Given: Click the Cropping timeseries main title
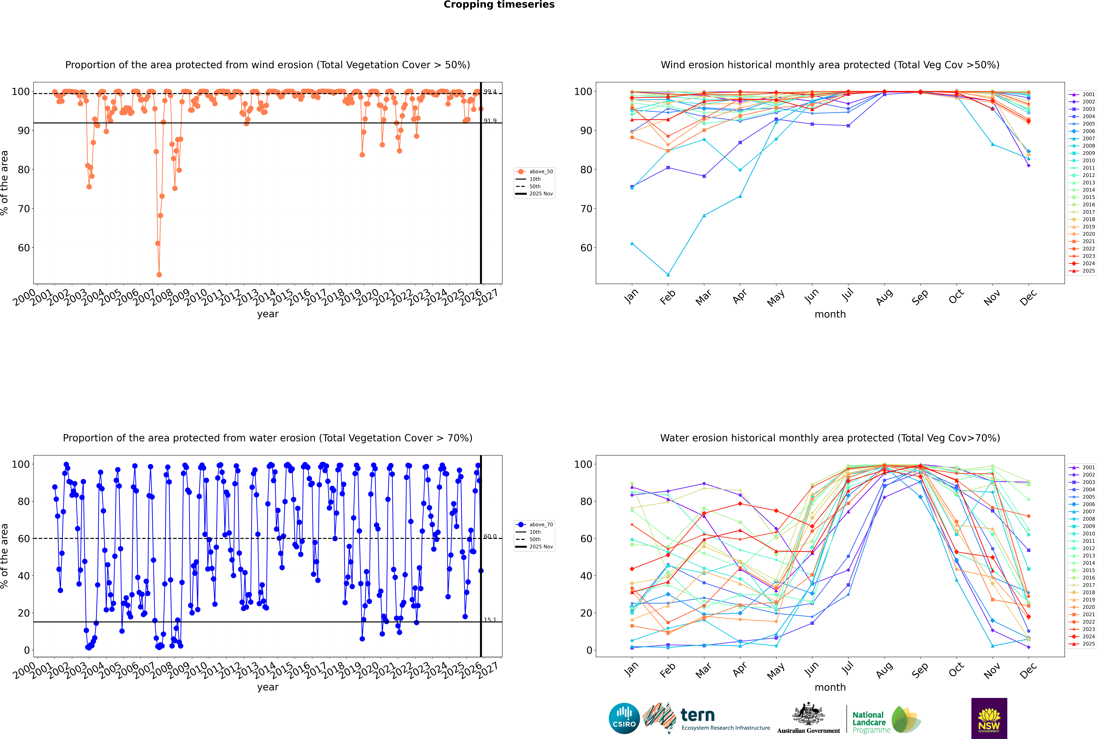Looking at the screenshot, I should click(499, 5).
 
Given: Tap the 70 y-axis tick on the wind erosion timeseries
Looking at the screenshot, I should click(24, 209).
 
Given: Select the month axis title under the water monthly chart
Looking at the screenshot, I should click(830, 687).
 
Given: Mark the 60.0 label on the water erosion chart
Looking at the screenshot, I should click(490, 537).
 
